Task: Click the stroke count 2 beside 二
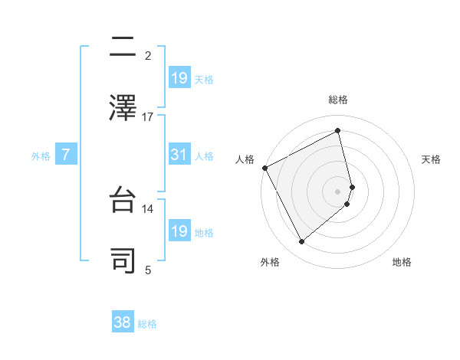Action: [148, 56]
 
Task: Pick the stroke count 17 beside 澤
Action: [148, 116]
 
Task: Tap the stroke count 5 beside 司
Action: [148, 270]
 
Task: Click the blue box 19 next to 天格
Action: [179, 78]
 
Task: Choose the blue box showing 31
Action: [179, 155]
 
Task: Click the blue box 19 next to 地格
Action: [179, 231]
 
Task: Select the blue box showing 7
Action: [67, 155]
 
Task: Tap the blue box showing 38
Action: [123, 322]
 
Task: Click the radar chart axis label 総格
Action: [338, 100]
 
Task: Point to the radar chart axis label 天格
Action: [432, 159]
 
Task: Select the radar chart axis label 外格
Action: [270, 263]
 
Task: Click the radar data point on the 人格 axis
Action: [264, 168]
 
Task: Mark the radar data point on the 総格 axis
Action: [338, 131]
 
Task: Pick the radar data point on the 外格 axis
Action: [301, 241]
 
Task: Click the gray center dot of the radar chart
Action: [338, 191]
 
